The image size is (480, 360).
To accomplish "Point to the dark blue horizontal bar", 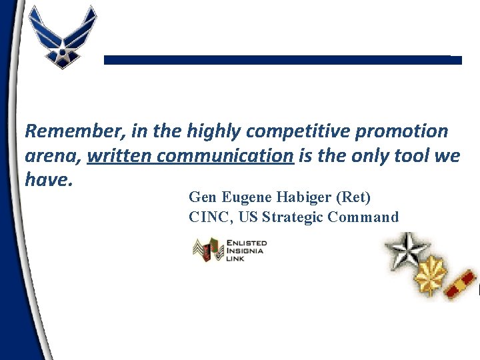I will tap(283, 60).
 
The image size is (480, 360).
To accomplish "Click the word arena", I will tap(53, 156).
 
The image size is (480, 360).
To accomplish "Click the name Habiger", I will tap(302, 197).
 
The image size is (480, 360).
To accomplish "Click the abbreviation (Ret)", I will tap(354, 197).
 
